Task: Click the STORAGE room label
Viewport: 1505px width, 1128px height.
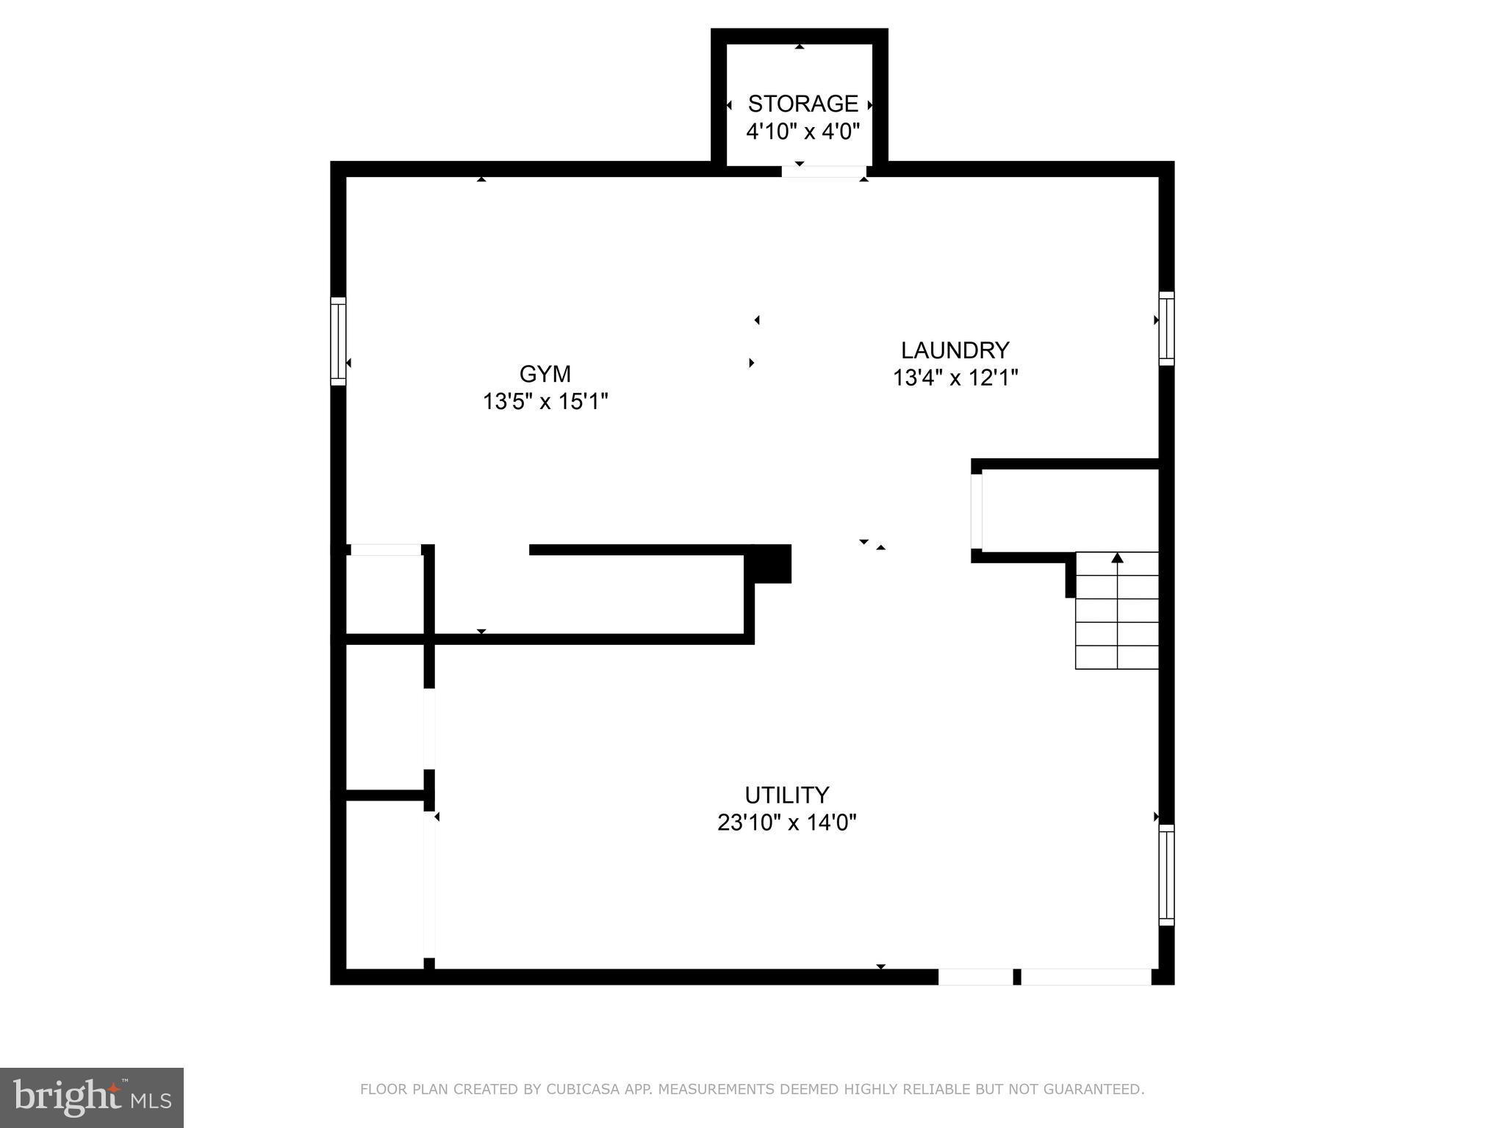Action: [x=802, y=104]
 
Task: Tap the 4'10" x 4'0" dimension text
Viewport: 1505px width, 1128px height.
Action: [x=802, y=132]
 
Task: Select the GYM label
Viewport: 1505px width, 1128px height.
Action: [x=545, y=375]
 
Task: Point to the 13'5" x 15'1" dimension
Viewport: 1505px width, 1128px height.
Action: [x=545, y=402]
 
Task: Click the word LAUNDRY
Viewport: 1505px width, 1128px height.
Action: [x=955, y=350]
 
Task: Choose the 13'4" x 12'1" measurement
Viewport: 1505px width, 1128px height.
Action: [x=955, y=378]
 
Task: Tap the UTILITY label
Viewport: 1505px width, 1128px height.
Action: [x=786, y=795]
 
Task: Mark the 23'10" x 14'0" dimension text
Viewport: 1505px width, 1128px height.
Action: [x=786, y=822]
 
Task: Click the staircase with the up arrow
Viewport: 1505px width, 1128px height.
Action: [x=1117, y=611]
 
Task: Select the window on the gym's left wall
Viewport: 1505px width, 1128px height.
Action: [x=338, y=341]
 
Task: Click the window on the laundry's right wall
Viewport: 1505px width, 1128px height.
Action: [x=1166, y=328]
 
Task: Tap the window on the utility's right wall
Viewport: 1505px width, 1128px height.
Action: [x=1166, y=874]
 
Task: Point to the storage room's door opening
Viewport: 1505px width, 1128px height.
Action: [x=823, y=171]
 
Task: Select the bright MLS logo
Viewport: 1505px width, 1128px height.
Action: [x=92, y=1098]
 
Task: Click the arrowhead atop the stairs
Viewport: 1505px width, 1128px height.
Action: [x=1117, y=558]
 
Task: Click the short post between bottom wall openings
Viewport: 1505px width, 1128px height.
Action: [x=1017, y=977]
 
